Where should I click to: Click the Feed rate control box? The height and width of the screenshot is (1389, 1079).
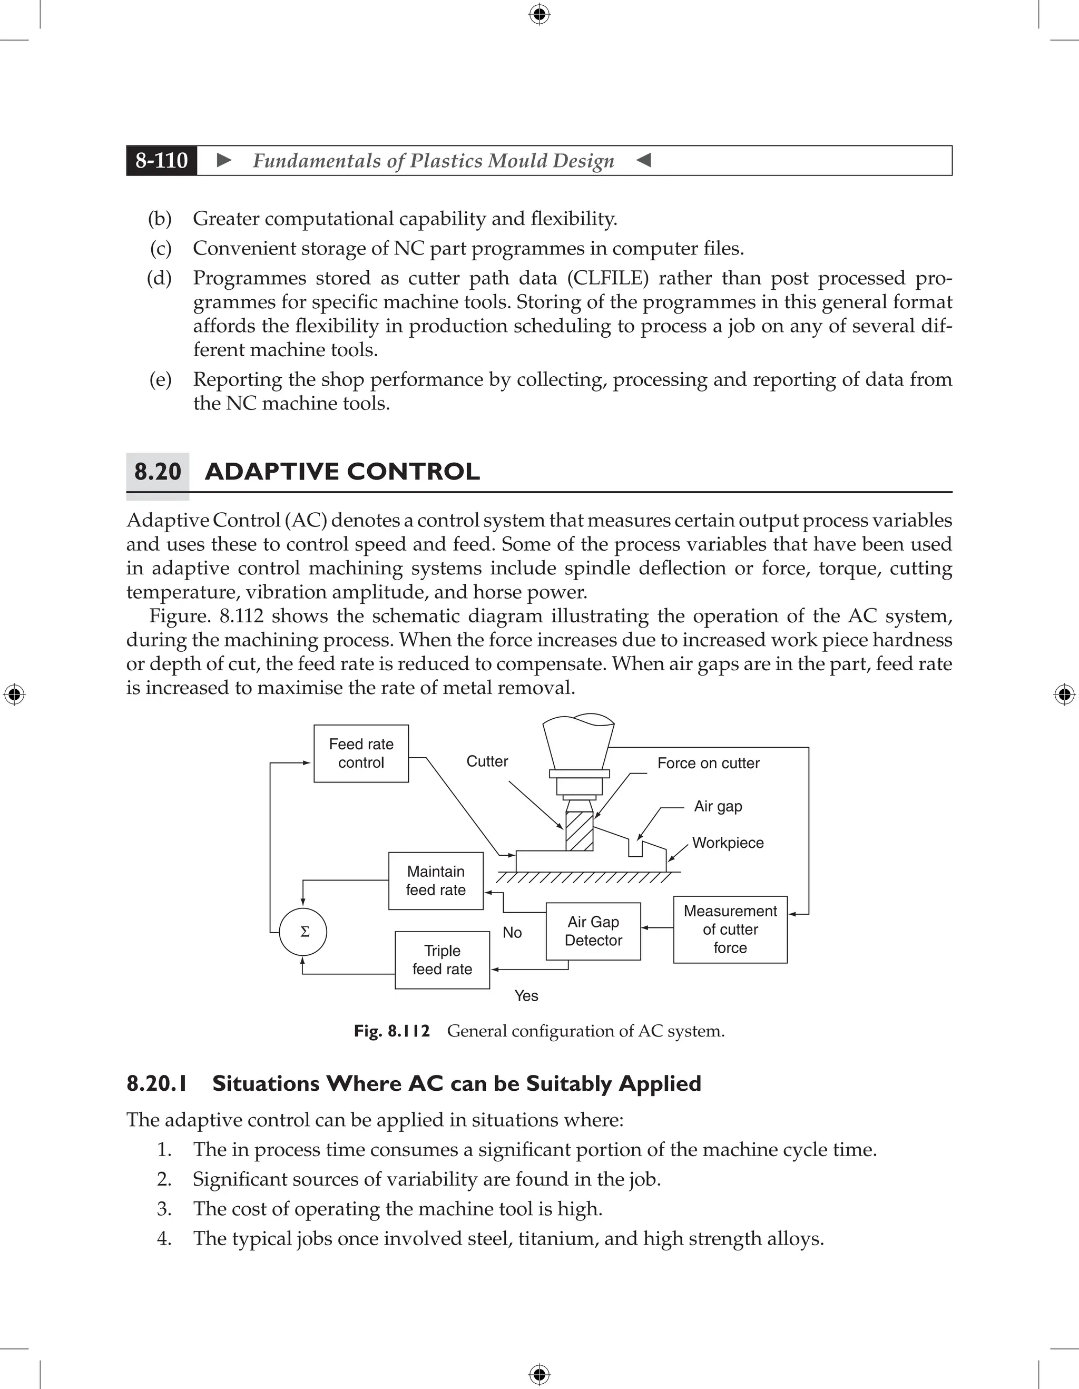coord(361,753)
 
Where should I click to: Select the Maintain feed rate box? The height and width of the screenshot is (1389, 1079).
coord(436,881)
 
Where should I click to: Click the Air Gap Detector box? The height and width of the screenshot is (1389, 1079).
coord(593,931)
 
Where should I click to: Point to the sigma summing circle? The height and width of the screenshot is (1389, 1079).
coord(303,932)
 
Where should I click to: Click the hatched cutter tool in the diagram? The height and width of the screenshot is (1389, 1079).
coord(579,830)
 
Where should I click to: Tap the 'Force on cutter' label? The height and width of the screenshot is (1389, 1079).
coord(708,763)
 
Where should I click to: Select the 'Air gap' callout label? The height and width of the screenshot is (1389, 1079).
coord(718,806)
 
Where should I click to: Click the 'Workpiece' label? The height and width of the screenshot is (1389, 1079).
coord(728,843)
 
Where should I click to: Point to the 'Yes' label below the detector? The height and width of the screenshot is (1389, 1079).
coord(526,996)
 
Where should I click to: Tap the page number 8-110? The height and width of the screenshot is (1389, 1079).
coord(162,160)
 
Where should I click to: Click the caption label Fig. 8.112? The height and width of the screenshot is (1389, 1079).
coord(391,1031)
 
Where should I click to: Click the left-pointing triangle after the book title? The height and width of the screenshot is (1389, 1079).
coord(643,160)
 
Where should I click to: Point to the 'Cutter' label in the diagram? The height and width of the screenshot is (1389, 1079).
coord(487,761)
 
